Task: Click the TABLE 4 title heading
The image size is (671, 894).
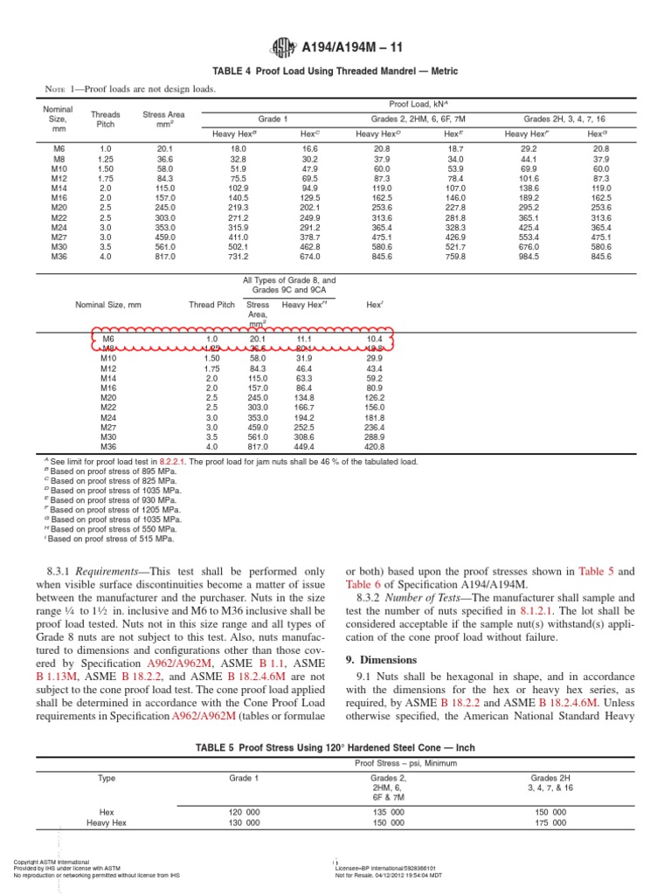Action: pyautogui.click(x=335, y=71)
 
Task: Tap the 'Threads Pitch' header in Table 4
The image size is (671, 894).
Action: pyautogui.click(x=106, y=119)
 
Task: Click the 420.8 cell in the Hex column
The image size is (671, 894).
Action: pyautogui.click(x=374, y=446)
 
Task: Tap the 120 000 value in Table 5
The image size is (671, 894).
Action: pyautogui.click(x=243, y=811)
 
